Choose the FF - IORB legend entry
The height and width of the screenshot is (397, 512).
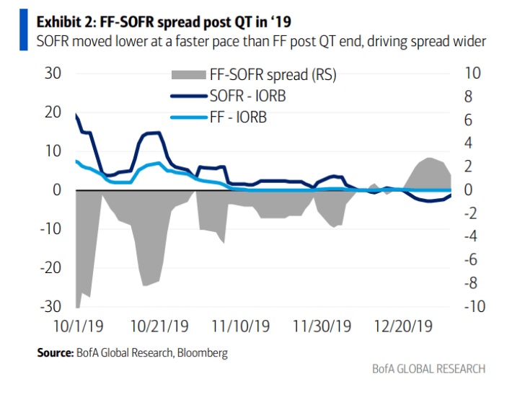238,117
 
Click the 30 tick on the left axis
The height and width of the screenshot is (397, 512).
54,73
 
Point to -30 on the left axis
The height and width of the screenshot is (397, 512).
51,306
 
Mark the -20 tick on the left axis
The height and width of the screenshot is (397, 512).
51,267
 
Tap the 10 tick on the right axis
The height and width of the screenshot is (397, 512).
473,73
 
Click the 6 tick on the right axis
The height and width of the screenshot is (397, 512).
469,120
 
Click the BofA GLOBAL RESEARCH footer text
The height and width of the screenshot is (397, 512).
428,369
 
